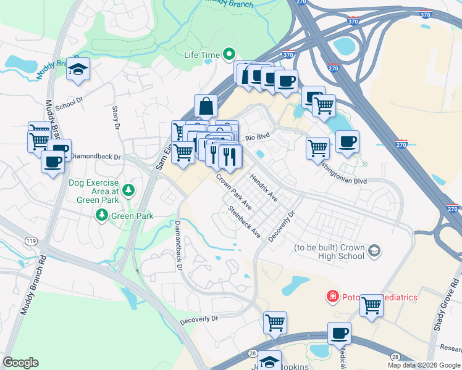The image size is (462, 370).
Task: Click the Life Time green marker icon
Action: [229, 55]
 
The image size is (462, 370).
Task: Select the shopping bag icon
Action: [206, 106]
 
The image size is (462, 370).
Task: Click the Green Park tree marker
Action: [102, 215]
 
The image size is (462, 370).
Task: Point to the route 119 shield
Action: [29, 239]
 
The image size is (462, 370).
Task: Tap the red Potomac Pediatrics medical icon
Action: [332, 297]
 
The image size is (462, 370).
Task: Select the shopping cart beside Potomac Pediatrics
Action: [371, 305]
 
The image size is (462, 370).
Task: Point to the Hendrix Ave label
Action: [264, 187]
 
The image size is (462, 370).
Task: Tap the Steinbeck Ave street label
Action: [244, 222]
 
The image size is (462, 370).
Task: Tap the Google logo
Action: [21, 362]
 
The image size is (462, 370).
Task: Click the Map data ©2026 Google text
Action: [423, 365]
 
